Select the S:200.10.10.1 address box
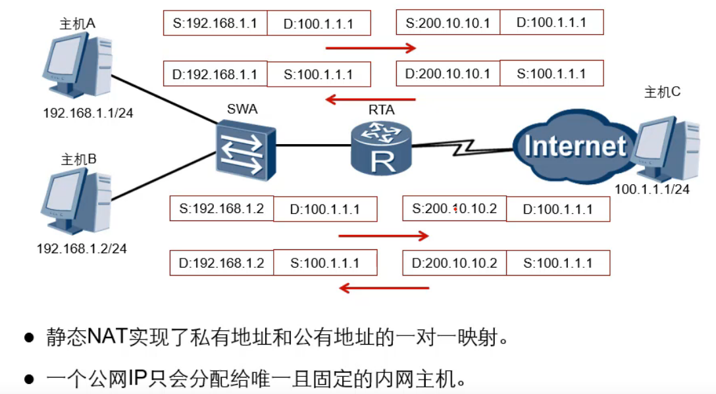448,23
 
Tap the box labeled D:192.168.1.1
215,74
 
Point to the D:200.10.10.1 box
448,74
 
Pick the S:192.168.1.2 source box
222,209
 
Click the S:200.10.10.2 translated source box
455,209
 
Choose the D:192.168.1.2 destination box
222,263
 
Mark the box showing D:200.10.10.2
455,263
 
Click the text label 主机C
662,93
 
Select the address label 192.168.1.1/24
88,113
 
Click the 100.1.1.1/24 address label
652,189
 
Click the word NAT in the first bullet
109,337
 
